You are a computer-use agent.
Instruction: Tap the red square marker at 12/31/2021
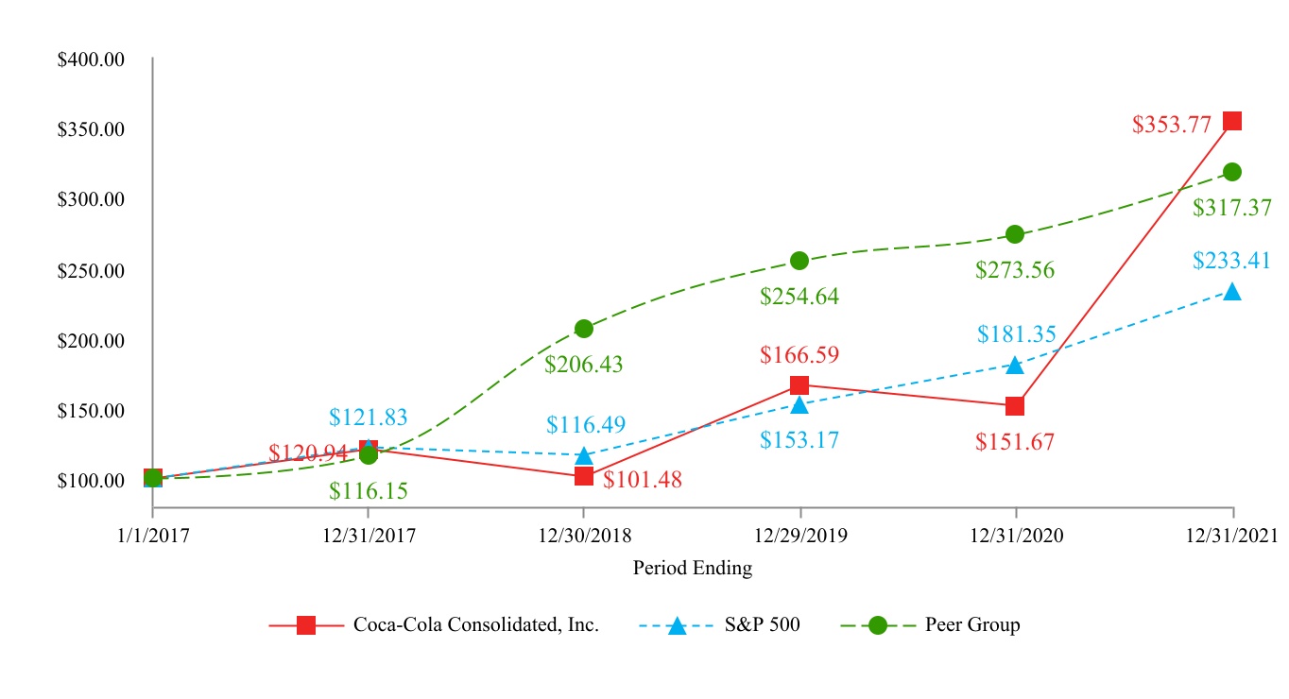tap(1231, 121)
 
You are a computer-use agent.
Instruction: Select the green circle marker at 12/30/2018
tap(584, 329)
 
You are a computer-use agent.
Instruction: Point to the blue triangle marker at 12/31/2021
tap(1231, 293)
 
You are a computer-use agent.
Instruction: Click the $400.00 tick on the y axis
tap(91, 60)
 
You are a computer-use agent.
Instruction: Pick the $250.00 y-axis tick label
tap(91, 271)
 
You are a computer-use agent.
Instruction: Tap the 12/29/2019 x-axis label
tap(800, 536)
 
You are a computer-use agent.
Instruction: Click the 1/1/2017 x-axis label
tap(152, 536)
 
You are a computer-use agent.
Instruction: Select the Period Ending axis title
tap(693, 569)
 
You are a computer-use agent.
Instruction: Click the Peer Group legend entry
tap(972, 624)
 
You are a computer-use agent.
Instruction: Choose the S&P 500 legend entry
tap(762, 624)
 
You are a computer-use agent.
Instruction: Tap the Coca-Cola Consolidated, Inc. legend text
tap(475, 624)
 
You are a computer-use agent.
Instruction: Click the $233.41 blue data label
tap(1231, 260)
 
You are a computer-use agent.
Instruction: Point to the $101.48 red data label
tap(643, 480)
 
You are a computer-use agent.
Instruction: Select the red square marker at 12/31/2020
tap(1015, 406)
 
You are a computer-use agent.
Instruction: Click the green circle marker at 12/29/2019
tap(799, 261)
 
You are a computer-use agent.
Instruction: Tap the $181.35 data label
tap(1017, 333)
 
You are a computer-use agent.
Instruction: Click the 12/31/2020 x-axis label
tap(1016, 536)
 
